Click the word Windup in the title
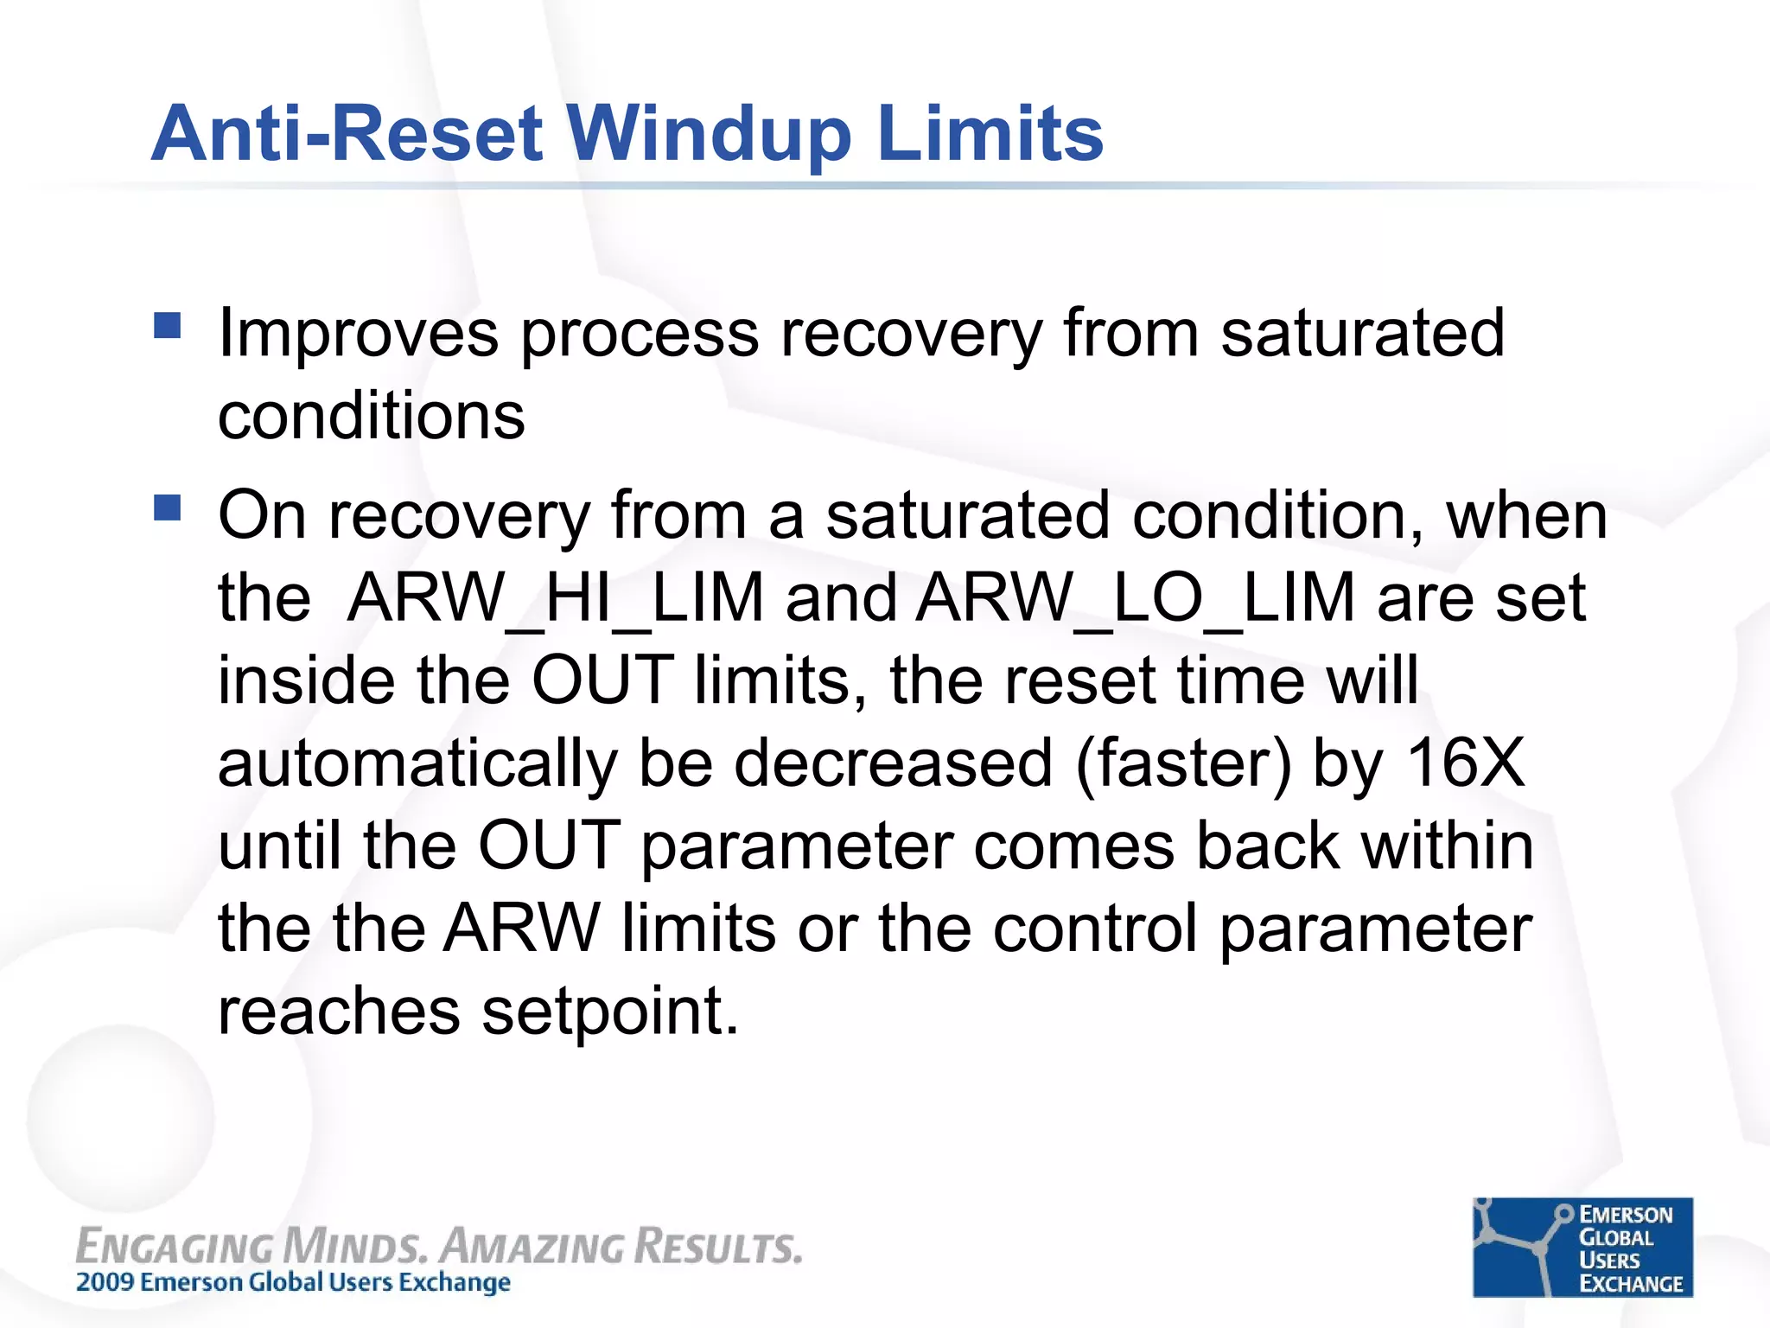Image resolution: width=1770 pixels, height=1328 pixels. [x=709, y=134]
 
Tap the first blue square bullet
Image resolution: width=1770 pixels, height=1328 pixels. [x=167, y=326]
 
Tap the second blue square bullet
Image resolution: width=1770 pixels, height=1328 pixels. [x=167, y=508]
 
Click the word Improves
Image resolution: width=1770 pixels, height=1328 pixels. [x=358, y=334]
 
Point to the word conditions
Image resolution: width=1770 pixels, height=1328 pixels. [x=371, y=416]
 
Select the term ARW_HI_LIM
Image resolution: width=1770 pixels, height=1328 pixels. [x=555, y=597]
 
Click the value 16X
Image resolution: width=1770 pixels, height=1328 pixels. [x=1465, y=763]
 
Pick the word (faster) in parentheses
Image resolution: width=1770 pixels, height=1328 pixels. [x=1183, y=764]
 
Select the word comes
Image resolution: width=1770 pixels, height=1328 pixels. [x=1073, y=846]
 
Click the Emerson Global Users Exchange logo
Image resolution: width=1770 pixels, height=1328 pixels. [x=1582, y=1247]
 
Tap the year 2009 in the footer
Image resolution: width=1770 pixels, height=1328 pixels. [x=105, y=1282]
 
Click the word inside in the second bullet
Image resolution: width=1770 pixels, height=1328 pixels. [x=306, y=680]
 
